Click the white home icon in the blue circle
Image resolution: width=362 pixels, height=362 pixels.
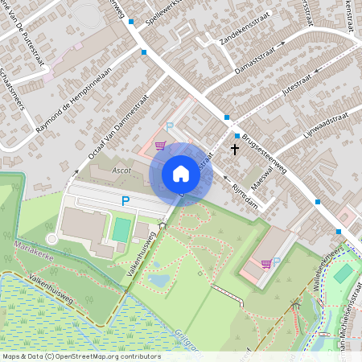(181, 174)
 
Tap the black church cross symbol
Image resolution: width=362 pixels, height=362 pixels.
(235, 149)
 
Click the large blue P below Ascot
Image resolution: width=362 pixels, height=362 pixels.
(125, 201)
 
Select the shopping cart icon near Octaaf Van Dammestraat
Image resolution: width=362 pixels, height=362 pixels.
(160, 146)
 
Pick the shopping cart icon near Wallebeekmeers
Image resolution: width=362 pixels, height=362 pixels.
(265, 263)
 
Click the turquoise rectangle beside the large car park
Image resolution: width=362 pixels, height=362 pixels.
(121, 230)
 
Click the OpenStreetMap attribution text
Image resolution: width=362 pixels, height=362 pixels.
(80, 356)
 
